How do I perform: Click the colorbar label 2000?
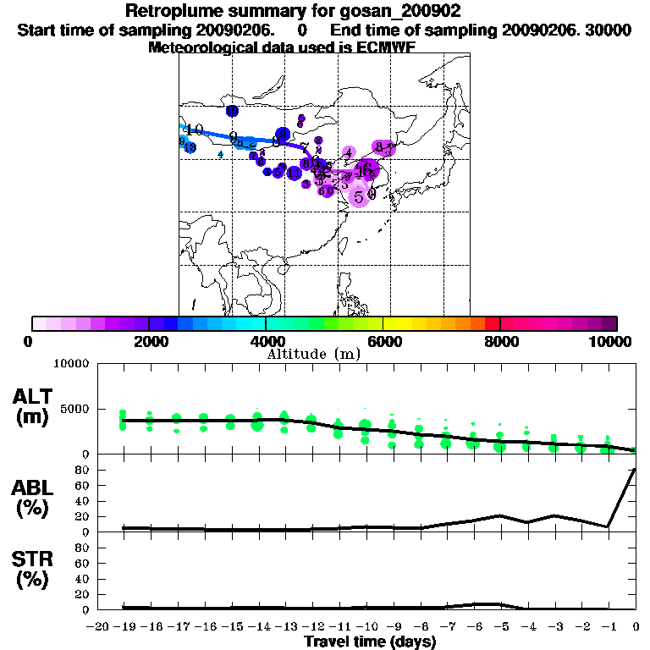tap(149, 341)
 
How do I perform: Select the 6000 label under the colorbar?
tap(383, 341)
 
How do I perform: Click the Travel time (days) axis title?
tap(370, 642)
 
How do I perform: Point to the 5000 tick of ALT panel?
tap(75, 409)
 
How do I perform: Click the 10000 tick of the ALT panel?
tap(72, 364)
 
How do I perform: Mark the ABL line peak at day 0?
tap(635, 469)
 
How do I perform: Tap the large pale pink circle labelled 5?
tap(360, 196)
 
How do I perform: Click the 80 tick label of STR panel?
tap(83, 548)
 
